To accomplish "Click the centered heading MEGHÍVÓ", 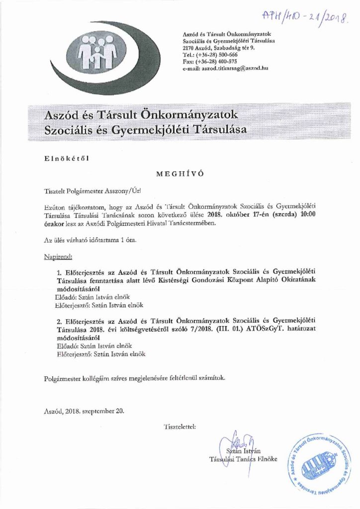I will pyautogui.click(x=180, y=174).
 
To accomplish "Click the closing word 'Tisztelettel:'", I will pyautogui.click(x=179, y=426).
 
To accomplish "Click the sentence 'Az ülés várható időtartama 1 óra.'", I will pyautogui.click(x=89, y=241).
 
